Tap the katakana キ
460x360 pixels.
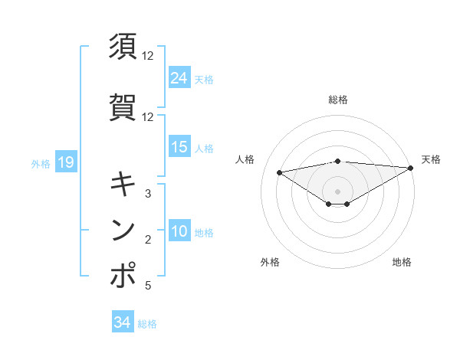pyautogui.click(x=123, y=183)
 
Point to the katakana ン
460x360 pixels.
pyautogui.click(x=123, y=230)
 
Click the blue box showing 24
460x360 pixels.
pyautogui.click(x=179, y=77)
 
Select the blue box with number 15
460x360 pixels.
pyautogui.click(x=179, y=147)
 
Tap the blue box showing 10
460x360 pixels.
pyautogui.click(x=179, y=232)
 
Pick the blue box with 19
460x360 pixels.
pyautogui.click(x=65, y=162)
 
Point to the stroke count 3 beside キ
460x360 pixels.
pyautogui.click(x=148, y=193)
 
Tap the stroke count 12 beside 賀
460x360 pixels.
pyautogui.click(x=148, y=117)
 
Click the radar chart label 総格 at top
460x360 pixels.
pyautogui.click(x=337, y=100)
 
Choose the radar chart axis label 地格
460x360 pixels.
pyautogui.click(x=402, y=262)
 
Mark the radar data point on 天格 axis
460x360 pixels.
pyautogui.click(x=411, y=169)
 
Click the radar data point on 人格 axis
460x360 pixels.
pyautogui.click(x=279, y=172)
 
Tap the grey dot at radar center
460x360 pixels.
pyautogui.click(x=337, y=190)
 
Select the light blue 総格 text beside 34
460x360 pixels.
pyautogui.click(x=147, y=324)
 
